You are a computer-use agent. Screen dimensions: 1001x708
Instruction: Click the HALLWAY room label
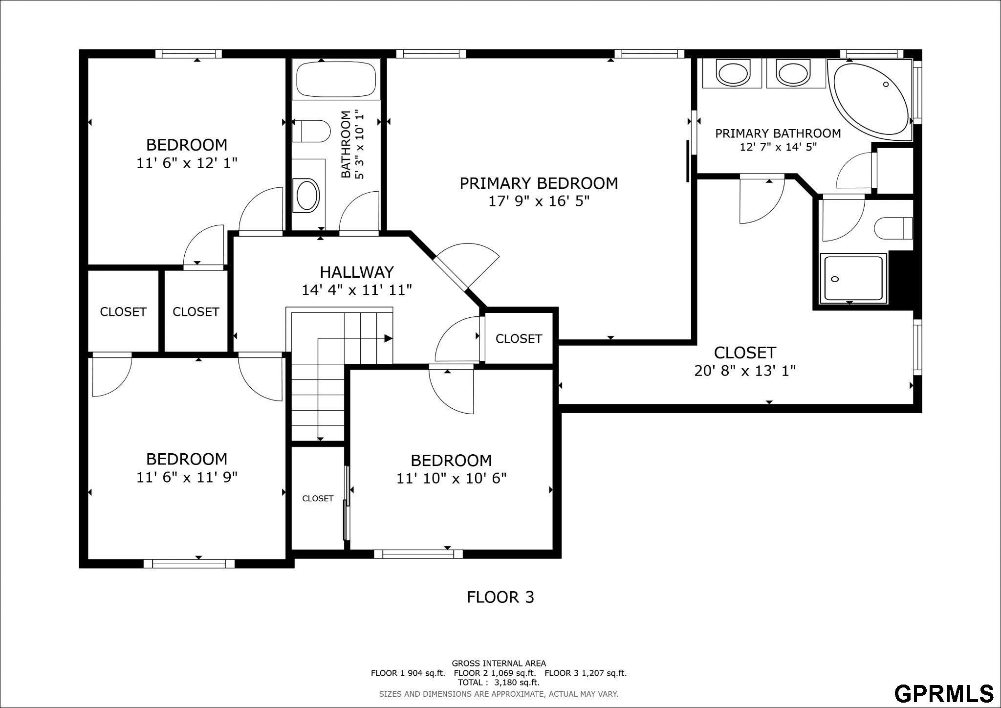tap(357, 271)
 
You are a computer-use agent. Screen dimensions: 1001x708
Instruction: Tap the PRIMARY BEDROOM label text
tap(539, 183)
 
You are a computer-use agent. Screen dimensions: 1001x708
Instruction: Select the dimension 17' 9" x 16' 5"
tap(539, 201)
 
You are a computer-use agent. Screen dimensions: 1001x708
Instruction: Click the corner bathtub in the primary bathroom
tap(870, 98)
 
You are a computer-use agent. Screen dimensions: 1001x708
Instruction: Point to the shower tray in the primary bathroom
tap(853, 278)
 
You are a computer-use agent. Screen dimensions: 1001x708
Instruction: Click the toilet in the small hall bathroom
tap(311, 131)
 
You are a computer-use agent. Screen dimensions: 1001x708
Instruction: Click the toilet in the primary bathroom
tap(893, 228)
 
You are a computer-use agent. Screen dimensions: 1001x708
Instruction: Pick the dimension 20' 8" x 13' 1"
tap(745, 371)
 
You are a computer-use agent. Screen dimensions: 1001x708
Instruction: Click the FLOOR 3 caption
tap(500, 597)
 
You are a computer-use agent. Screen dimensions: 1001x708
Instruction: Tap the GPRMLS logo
tap(944, 693)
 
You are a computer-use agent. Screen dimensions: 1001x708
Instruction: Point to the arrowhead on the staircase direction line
tap(389, 338)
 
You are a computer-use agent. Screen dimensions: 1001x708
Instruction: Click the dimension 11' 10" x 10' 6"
tap(451, 478)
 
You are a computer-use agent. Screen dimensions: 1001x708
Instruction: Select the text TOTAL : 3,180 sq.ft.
tap(499, 682)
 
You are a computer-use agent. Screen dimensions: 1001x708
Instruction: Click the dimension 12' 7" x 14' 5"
tap(778, 147)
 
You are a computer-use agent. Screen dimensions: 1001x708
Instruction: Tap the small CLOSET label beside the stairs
tap(318, 498)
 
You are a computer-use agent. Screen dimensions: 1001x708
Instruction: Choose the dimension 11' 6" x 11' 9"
tap(187, 477)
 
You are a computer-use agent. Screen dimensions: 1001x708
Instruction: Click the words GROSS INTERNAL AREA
tap(499, 664)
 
